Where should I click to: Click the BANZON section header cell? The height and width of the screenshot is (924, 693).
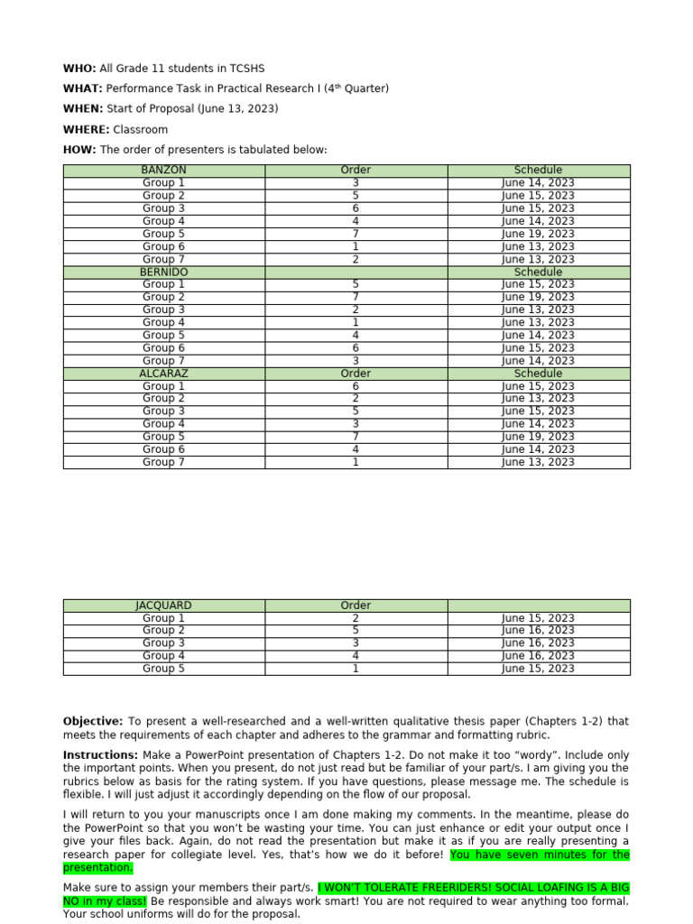click(163, 170)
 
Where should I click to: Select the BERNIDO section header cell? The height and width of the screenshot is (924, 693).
click(163, 272)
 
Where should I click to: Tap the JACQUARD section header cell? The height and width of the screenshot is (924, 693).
click(163, 605)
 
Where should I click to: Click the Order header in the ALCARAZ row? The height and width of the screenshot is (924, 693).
click(356, 373)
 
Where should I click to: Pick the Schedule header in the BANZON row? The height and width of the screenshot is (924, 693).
click(538, 170)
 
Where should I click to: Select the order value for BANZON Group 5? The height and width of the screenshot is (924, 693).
click(356, 234)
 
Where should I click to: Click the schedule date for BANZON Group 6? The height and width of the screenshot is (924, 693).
click(538, 246)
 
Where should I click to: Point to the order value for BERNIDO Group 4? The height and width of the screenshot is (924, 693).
click(356, 322)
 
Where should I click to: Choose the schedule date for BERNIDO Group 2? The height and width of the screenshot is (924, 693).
click(538, 297)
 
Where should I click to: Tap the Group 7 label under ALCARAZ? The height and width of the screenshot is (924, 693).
click(163, 462)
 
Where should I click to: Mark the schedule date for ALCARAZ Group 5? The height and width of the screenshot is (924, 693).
click(538, 437)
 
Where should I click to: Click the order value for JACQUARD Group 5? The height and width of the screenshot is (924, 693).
click(356, 669)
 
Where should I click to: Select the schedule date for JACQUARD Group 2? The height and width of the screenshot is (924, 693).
click(538, 630)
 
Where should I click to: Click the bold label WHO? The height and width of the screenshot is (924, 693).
click(79, 69)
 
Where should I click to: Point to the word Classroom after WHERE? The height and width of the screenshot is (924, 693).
click(141, 130)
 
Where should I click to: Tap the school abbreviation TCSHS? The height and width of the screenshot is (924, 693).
click(245, 69)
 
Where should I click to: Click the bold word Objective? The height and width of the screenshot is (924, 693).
click(92, 721)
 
